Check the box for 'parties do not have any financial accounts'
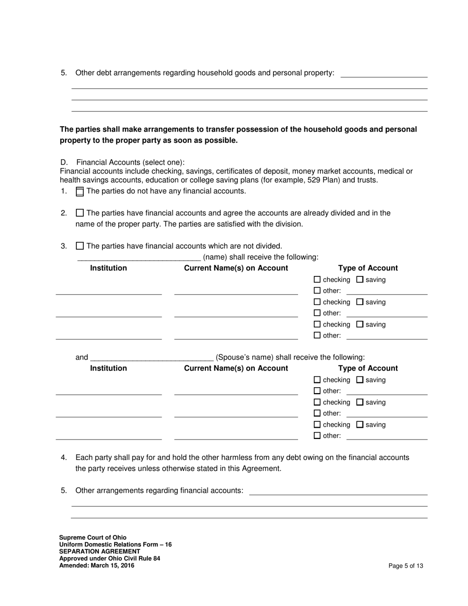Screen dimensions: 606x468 point(80,192)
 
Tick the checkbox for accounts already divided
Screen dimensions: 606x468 point(80,213)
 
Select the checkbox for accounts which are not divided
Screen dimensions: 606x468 point(80,246)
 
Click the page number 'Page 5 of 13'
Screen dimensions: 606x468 point(405,566)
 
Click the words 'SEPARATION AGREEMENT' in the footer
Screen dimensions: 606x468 point(100,551)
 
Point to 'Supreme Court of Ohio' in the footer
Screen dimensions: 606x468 point(93,538)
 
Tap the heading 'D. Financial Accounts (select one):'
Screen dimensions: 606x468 point(123,162)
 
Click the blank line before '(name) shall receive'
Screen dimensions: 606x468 point(139,258)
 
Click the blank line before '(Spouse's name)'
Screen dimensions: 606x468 point(152,358)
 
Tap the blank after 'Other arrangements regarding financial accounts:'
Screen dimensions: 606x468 point(338,492)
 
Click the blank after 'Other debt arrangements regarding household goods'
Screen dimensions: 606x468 point(384,74)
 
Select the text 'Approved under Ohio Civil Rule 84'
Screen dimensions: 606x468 point(109,558)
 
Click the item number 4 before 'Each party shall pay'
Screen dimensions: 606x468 point(64,457)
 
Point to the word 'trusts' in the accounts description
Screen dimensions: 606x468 point(367,180)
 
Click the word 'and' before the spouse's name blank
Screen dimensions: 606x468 point(82,357)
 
